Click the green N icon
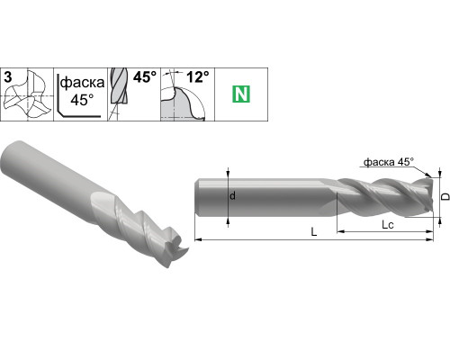pos(241,94)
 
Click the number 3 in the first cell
pos(8,77)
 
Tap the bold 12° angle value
pos(198,77)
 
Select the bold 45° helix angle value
pos(145,77)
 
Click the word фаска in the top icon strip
pos(82,83)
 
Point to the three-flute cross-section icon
pos(27,94)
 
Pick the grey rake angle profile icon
pos(183,103)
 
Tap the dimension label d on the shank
pos(232,196)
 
